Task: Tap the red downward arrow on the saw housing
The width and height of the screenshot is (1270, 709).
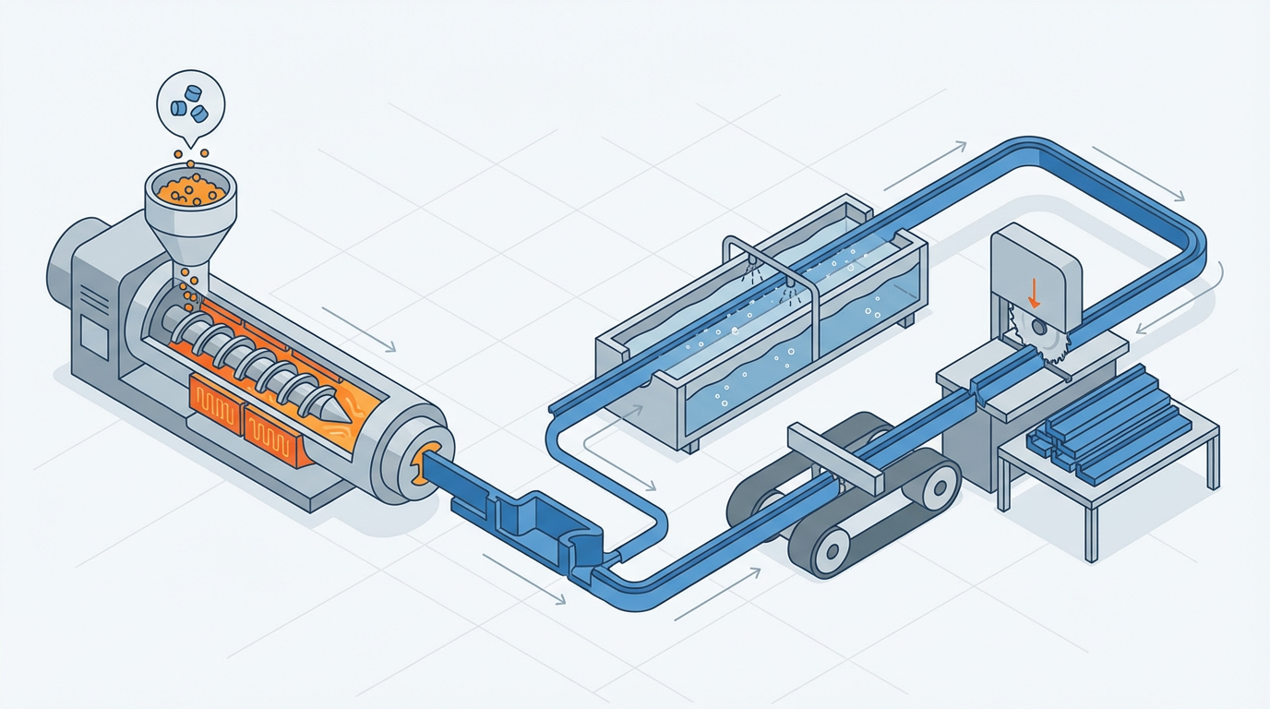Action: click(x=1034, y=293)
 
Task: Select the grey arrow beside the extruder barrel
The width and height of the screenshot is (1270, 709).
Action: click(x=360, y=330)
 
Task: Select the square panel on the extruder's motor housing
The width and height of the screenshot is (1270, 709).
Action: click(x=94, y=337)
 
